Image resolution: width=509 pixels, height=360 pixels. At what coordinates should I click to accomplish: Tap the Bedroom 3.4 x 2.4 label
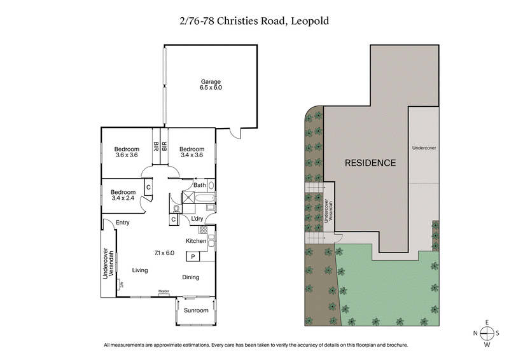[x=123, y=195]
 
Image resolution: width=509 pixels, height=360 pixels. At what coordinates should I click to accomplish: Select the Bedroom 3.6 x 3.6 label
[x=127, y=152]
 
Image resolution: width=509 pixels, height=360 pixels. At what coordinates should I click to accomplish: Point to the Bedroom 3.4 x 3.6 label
[x=192, y=152]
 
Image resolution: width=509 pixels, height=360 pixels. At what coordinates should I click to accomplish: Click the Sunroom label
[x=196, y=311]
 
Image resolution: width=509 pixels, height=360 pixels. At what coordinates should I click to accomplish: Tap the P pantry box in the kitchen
[x=192, y=256]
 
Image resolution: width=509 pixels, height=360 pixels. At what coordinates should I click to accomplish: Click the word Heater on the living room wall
[x=164, y=292]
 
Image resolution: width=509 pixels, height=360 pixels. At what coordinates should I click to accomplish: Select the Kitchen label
[x=196, y=242]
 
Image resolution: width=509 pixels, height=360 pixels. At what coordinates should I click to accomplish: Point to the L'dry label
[x=197, y=219]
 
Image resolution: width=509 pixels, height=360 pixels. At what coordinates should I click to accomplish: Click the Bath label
[x=200, y=185]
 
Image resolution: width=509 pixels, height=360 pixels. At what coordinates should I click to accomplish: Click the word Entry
[x=123, y=223]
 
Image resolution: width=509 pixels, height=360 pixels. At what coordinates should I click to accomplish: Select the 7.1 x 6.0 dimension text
[x=164, y=253]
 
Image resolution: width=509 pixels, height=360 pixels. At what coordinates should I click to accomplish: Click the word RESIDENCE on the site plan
[x=370, y=163]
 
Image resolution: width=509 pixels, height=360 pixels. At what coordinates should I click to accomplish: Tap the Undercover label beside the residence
[x=423, y=148]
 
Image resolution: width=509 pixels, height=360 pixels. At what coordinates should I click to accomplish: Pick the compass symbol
[x=487, y=333]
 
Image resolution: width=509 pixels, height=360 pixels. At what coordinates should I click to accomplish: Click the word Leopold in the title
[x=310, y=21]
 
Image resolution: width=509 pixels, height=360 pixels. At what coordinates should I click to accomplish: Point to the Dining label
[x=191, y=277]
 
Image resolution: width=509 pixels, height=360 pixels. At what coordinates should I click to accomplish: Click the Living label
[x=140, y=270]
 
